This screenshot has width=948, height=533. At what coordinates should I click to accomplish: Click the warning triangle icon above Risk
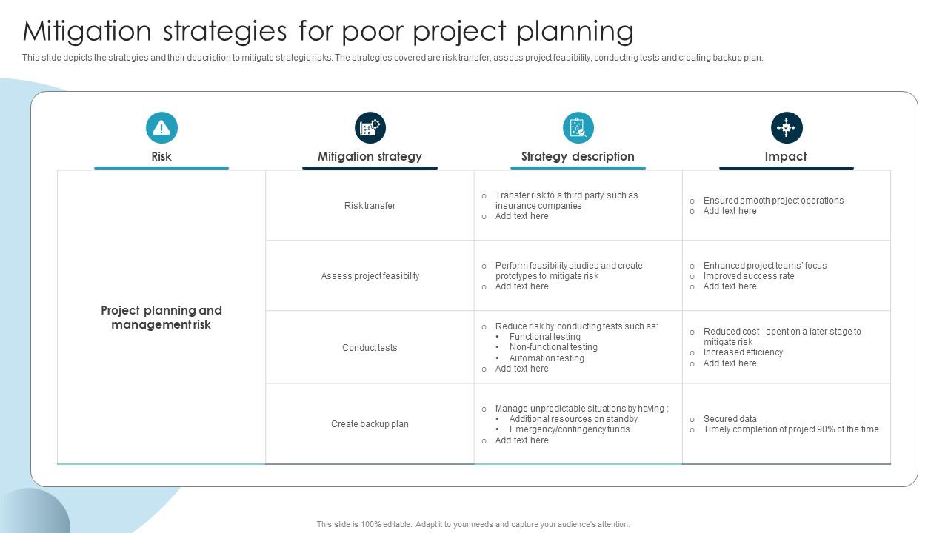pyautogui.click(x=161, y=128)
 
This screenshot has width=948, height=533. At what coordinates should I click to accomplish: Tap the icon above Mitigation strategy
pyautogui.click(x=370, y=128)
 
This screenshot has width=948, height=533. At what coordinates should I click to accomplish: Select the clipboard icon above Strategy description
pyautogui.click(x=578, y=128)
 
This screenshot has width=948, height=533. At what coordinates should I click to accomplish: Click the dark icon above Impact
pyautogui.click(x=786, y=128)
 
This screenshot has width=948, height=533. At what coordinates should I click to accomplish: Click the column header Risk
pyautogui.click(x=161, y=156)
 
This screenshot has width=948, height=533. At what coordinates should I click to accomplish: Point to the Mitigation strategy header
pyautogui.click(x=370, y=156)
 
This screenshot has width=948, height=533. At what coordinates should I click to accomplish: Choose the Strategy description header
pyautogui.click(x=578, y=156)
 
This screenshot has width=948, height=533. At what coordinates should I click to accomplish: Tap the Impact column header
pyautogui.click(x=786, y=156)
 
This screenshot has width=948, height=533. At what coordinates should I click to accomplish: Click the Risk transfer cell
pyautogui.click(x=370, y=206)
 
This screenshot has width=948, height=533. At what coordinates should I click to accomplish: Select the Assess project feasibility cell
pyautogui.click(x=370, y=276)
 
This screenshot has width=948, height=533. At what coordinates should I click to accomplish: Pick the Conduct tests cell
pyautogui.click(x=370, y=348)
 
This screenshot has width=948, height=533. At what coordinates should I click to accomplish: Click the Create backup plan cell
pyautogui.click(x=370, y=424)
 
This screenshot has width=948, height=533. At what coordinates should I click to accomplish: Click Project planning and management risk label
pyautogui.click(x=161, y=318)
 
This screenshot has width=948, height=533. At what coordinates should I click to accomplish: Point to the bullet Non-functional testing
pyautogui.click(x=553, y=347)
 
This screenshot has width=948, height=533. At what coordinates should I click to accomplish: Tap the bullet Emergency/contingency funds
pyautogui.click(x=569, y=429)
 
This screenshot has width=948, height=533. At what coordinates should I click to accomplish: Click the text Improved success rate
pyautogui.click(x=748, y=276)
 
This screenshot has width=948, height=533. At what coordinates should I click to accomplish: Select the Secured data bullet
pyautogui.click(x=730, y=419)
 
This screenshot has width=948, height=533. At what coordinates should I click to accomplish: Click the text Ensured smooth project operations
pyautogui.click(x=773, y=201)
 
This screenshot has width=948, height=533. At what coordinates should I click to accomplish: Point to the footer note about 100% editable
pyautogui.click(x=473, y=524)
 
